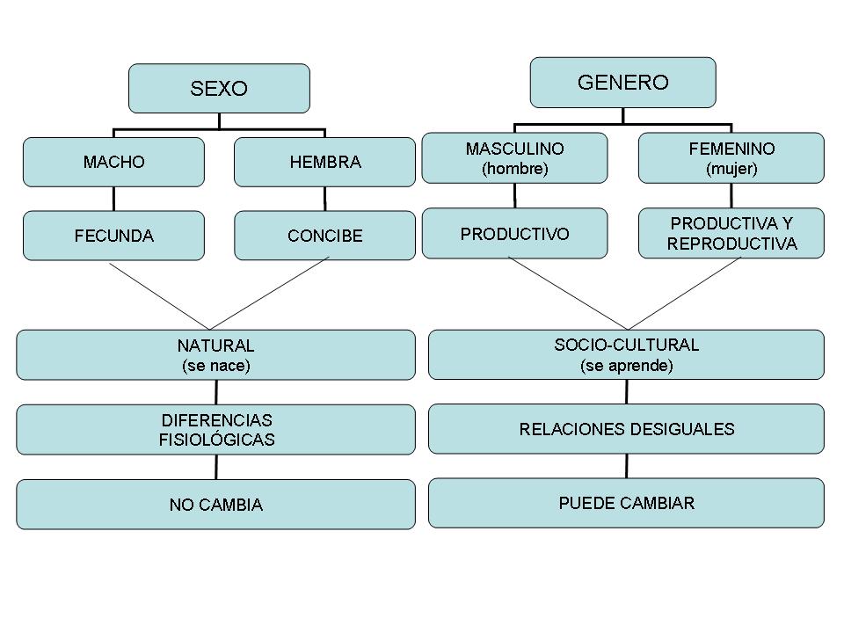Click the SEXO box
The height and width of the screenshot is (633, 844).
pyautogui.click(x=219, y=88)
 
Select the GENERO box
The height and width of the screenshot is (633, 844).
pyautogui.click(x=622, y=83)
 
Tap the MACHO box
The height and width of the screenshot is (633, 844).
pyautogui.click(x=113, y=162)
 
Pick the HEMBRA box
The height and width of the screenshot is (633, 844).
pyautogui.click(x=324, y=162)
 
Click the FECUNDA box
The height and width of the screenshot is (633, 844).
pyautogui.click(x=113, y=236)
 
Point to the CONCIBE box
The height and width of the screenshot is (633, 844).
pyautogui.click(x=324, y=236)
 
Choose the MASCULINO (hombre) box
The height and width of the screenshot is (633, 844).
pyautogui.click(x=514, y=158)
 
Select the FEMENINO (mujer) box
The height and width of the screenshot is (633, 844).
pyautogui.click(x=731, y=158)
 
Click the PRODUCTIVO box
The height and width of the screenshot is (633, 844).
pyautogui.click(x=514, y=233)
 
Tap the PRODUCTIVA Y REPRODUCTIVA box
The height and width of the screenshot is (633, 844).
pyautogui.click(x=731, y=233)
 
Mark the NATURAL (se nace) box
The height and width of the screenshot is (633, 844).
pyautogui.click(x=215, y=355)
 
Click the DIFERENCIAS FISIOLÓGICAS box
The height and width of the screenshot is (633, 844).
pyautogui.click(x=215, y=430)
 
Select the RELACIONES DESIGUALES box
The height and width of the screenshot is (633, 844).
pyautogui.click(x=626, y=429)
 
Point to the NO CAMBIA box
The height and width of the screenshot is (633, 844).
pyautogui.click(x=215, y=505)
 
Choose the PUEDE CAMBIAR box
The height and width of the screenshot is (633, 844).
pyautogui.click(x=626, y=503)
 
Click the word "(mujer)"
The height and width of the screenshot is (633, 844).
pyautogui.click(x=731, y=170)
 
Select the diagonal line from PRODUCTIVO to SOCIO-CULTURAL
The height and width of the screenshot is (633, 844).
pyautogui.click(x=567, y=293)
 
